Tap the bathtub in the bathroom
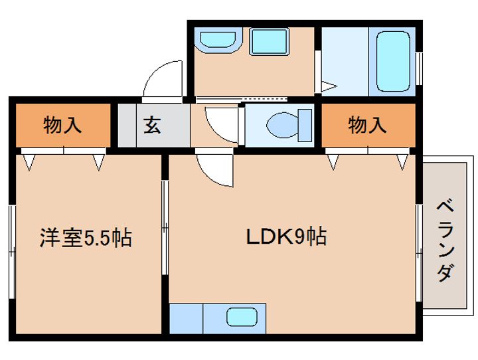[x=394, y=60]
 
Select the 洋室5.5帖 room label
[x=86, y=237]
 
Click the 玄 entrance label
[x=153, y=125]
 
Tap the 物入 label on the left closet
[x=63, y=125]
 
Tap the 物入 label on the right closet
[x=367, y=125]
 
